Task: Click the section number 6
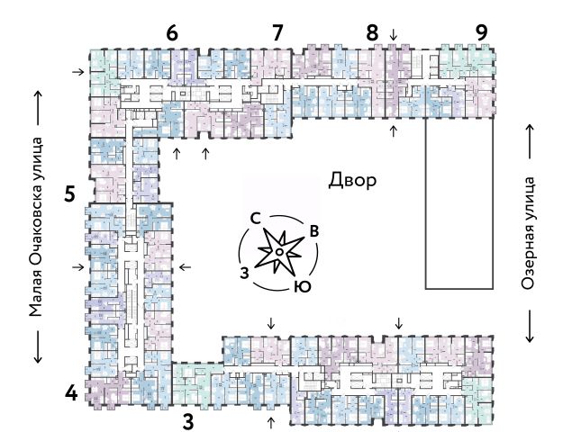(x=172, y=33)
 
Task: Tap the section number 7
(x=277, y=33)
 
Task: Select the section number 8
(x=372, y=33)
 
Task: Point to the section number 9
(x=482, y=33)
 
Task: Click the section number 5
(x=69, y=193)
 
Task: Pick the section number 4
(x=69, y=393)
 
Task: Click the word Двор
(x=352, y=180)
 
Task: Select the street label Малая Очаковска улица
(x=36, y=226)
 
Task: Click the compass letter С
(x=256, y=219)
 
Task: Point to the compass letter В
(x=313, y=231)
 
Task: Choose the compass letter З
(x=243, y=272)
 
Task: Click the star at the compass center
(x=280, y=254)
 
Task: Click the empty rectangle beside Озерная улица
(x=460, y=204)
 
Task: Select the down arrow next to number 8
(x=393, y=35)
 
